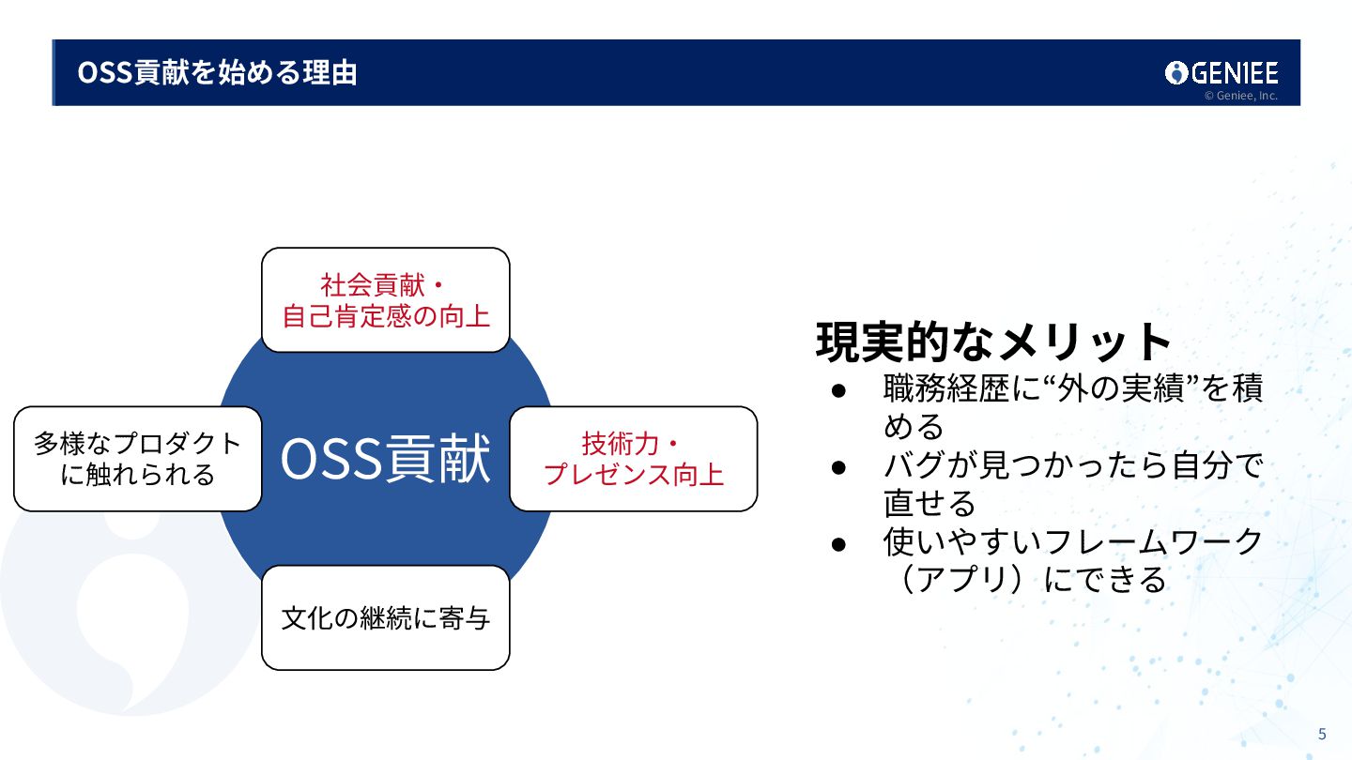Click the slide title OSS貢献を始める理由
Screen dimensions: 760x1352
(217, 72)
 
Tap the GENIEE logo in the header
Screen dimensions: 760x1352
(1221, 72)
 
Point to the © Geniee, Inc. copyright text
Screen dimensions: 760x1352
(1240, 96)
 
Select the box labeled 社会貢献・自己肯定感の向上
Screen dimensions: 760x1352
(385, 300)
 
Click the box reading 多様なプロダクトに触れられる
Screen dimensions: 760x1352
(137, 459)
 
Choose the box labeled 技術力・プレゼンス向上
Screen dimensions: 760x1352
(633, 459)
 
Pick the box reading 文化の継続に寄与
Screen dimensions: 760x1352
(385, 617)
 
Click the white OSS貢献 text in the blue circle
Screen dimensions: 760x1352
(385, 459)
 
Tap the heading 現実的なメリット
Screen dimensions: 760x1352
(994, 342)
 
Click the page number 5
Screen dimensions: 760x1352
(1322, 734)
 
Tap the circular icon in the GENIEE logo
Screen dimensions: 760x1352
(1176, 72)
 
